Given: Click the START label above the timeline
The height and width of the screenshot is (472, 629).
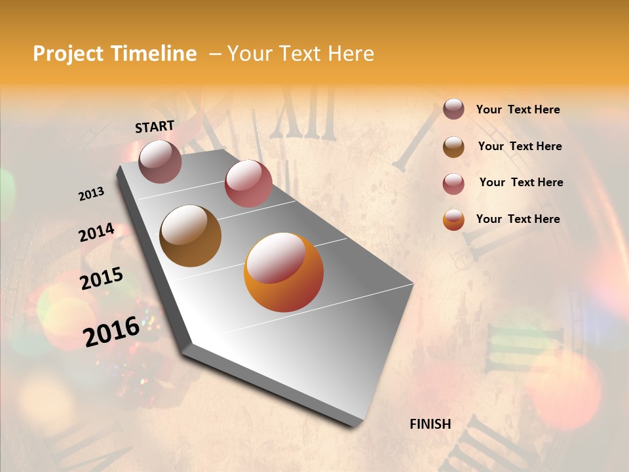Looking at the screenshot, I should pyautogui.click(x=155, y=126).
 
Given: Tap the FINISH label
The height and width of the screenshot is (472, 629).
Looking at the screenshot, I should pyautogui.click(x=430, y=424).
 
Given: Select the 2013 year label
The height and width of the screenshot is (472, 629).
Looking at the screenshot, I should pyautogui.click(x=92, y=193).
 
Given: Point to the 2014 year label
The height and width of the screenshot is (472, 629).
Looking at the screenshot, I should pyautogui.click(x=97, y=233).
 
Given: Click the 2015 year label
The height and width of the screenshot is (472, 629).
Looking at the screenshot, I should pyautogui.click(x=102, y=279).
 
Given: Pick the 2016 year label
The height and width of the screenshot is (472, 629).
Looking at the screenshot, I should pyautogui.click(x=111, y=331).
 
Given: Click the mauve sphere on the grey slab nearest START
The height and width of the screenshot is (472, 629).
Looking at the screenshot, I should pyautogui.click(x=160, y=161).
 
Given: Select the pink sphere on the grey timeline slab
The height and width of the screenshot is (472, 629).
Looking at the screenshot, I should pyautogui.click(x=248, y=184).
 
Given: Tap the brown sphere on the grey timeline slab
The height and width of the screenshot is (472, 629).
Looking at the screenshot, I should pyautogui.click(x=191, y=236).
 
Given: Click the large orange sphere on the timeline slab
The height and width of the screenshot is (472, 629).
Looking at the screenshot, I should pyautogui.click(x=284, y=272).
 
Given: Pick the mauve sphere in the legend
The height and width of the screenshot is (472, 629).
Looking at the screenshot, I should pyautogui.click(x=453, y=109).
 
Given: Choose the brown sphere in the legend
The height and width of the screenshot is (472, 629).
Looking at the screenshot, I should pyautogui.click(x=453, y=146).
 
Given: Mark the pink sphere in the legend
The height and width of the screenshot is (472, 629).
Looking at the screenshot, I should pyautogui.click(x=453, y=183).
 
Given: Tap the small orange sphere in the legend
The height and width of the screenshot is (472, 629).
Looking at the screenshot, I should pyautogui.click(x=453, y=220).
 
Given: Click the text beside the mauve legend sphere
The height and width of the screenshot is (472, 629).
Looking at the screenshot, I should pyautogui.click(x=518, y=110).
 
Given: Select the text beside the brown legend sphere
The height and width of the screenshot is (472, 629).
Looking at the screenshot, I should pyautogui.click(x=520, y=146).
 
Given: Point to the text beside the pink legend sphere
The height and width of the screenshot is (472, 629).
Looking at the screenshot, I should pyautogui.click(x=521, y=182).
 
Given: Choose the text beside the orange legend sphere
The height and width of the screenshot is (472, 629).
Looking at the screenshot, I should pyautogui.click(x=518, y=219).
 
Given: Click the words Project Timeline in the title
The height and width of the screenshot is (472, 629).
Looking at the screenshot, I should pyautogui.click(x=115, y=54).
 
